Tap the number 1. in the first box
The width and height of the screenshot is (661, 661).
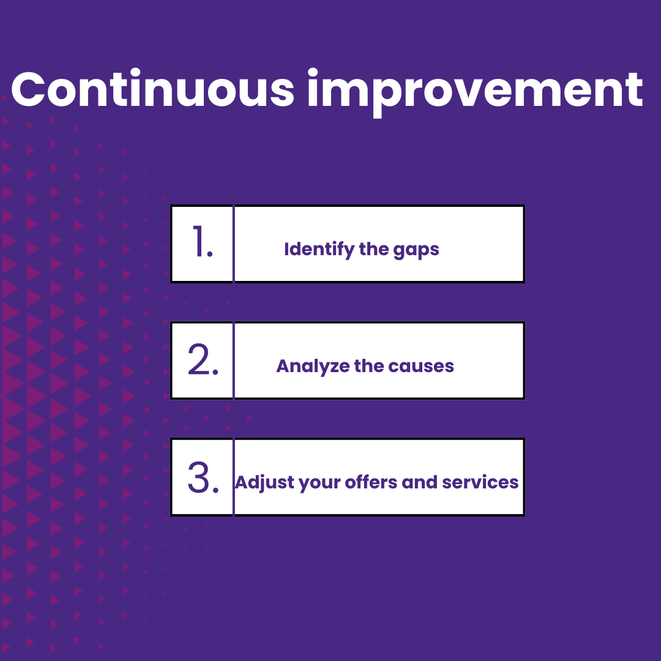(x=201, y=243)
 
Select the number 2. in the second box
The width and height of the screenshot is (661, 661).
(x=203, y=360)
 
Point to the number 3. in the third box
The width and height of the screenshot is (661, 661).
(x=203, y=477)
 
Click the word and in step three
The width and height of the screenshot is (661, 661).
(x=420, y=482)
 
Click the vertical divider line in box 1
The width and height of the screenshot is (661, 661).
(x=233, y=244)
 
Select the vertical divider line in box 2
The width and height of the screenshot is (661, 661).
(x=233, y=360)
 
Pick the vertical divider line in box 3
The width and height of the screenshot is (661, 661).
(x=233, y=477)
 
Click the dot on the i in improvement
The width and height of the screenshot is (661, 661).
(x=314, y=73)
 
